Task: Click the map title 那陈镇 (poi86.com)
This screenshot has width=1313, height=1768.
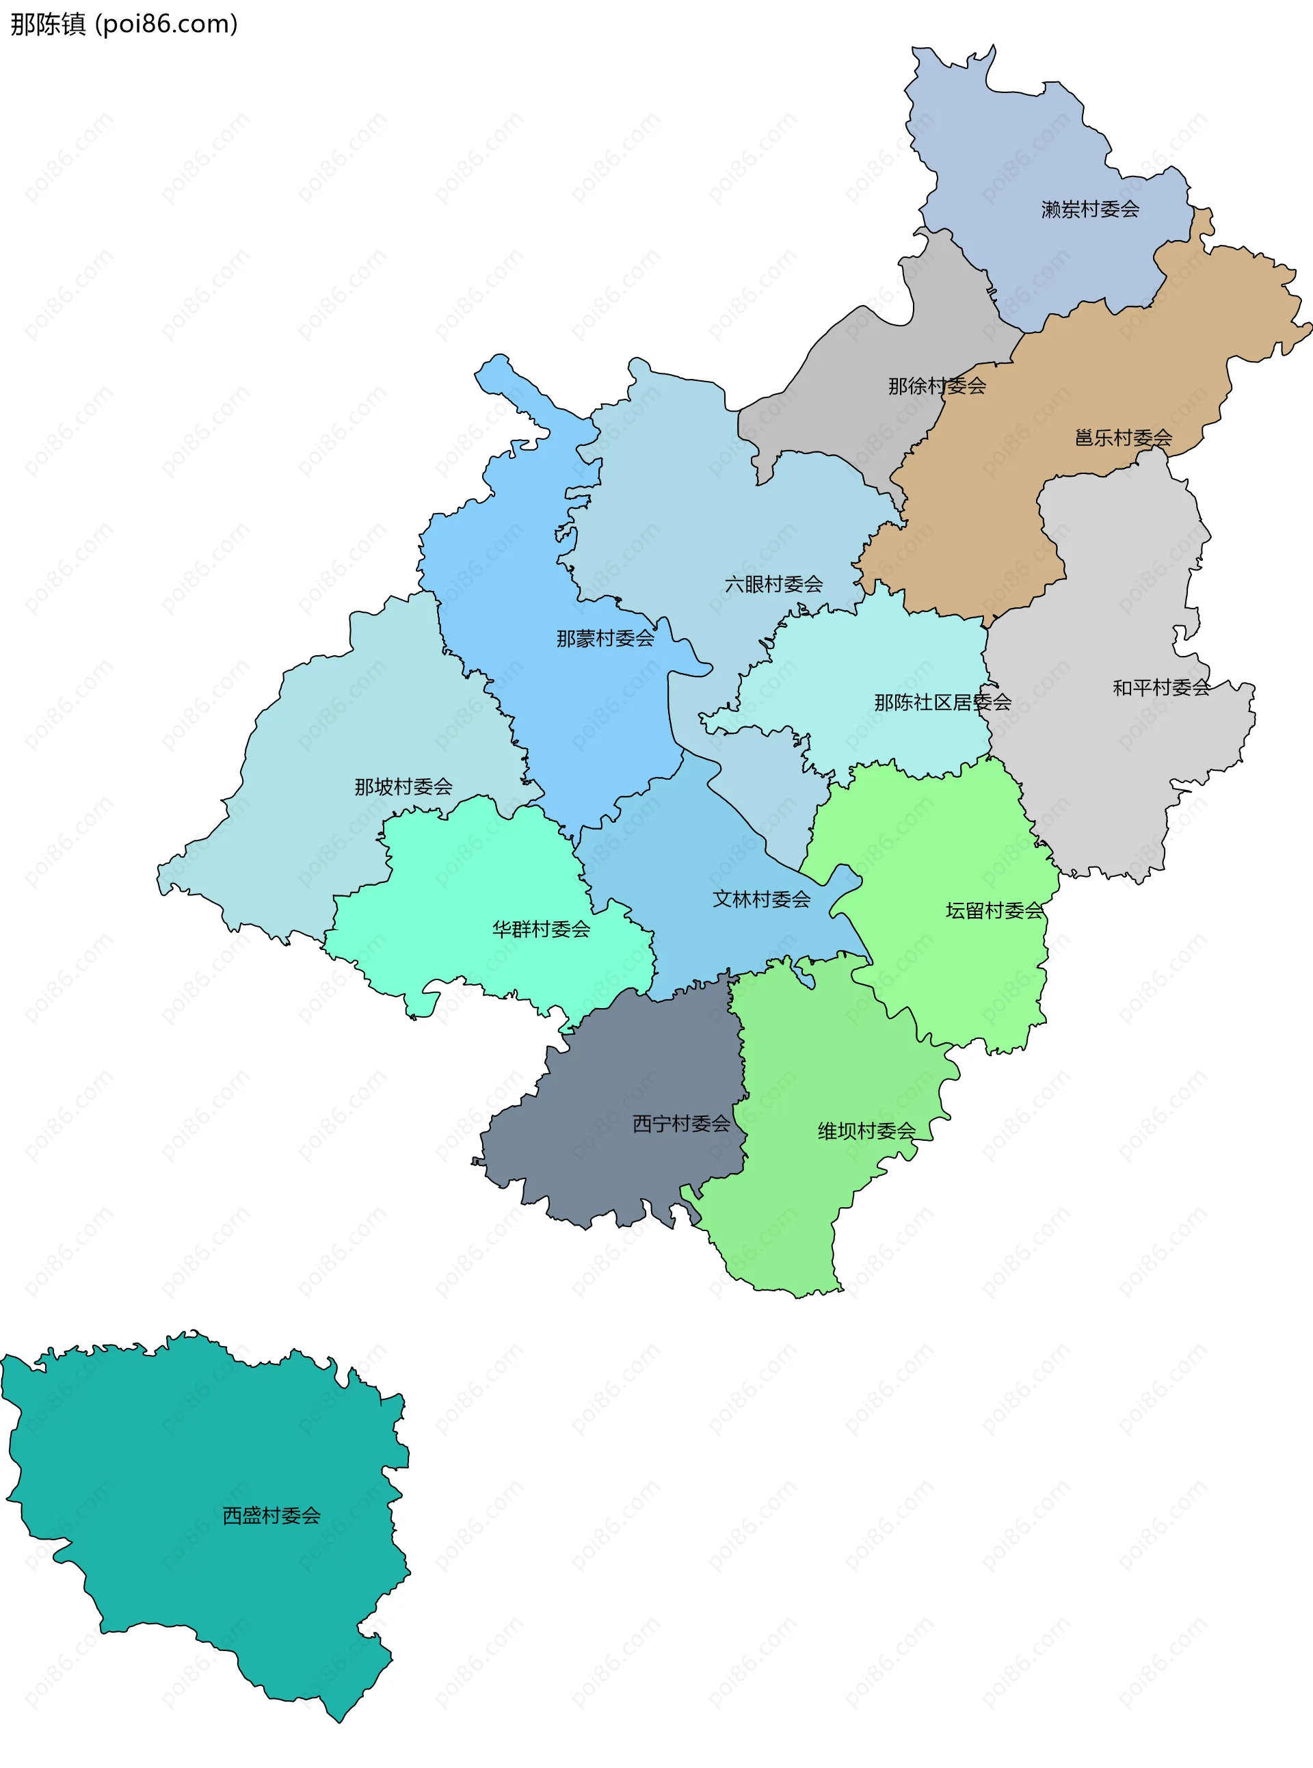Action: pos(124,25)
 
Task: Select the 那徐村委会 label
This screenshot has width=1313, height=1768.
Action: pos(936,386)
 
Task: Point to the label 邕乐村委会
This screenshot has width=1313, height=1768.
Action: pos(1122,438)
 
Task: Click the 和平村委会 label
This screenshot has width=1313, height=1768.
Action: pos(1161,687)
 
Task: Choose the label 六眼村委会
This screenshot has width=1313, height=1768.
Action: pos(773,584)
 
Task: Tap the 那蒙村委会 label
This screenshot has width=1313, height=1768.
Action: pos(605,638)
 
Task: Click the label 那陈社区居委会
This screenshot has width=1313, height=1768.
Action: pos(942,702)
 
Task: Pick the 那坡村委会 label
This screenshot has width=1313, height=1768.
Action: pos(403,787)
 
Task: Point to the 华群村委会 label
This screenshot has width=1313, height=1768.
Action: pos(540,929)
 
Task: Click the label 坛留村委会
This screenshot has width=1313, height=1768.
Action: pos(994,911)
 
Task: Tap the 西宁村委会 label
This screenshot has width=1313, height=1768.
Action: pos(680,1123)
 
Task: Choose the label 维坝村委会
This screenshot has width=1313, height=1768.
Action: pos(866,1131)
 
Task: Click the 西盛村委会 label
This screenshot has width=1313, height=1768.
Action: pos(271,1515)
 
